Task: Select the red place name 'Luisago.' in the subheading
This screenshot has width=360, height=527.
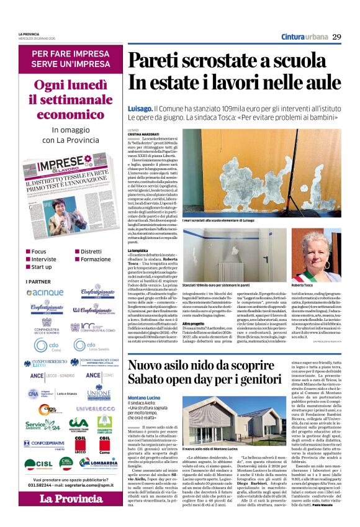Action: (140, 108)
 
